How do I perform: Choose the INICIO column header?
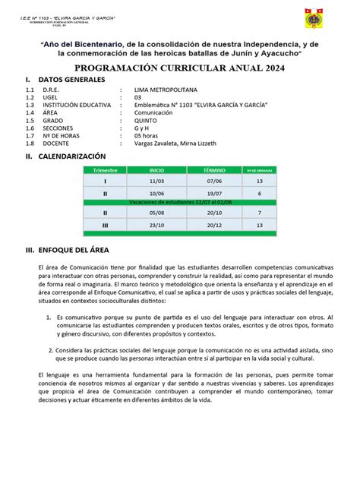click(x=156, y=171)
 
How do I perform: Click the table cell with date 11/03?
click(x=156, y=182)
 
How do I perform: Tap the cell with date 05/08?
click(x=156, y=214)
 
